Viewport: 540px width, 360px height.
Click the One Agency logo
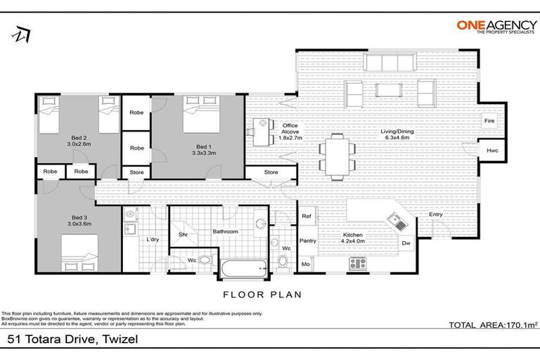coord(493,27)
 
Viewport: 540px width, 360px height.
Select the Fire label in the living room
coord(490,121)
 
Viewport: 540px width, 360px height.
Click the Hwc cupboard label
coord(490,151)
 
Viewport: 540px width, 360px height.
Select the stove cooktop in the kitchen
coord(358,264)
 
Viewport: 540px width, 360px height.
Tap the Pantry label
coord(307,241)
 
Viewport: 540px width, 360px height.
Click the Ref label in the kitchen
coord(307,217)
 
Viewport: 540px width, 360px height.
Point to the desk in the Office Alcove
coord(262,131)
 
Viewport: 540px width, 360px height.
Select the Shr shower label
coord(183,234)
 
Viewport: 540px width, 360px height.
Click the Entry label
coord(436,215)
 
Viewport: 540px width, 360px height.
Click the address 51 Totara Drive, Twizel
coord(72,340)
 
